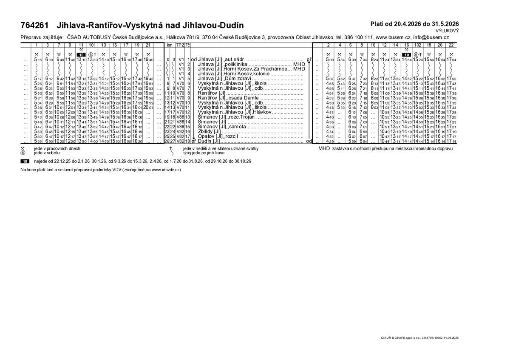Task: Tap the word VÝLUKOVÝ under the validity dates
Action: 447,31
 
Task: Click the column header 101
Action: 92,45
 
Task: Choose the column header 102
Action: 417,45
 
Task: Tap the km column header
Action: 170,45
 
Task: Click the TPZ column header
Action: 180,45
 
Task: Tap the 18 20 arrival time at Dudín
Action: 137,141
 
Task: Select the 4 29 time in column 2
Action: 329,141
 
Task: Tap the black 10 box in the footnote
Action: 25,162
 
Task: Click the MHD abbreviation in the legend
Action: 324,148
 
